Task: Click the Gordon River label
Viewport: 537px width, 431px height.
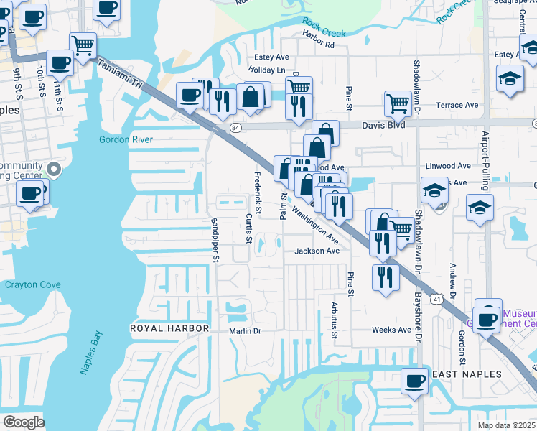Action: pos(126,139)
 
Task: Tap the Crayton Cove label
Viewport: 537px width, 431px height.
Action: pos(33,284)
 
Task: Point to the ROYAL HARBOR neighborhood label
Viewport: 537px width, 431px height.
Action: pos(169,328)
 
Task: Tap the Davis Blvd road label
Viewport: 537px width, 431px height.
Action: pos(382,125)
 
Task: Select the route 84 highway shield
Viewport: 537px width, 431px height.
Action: pos(235,127)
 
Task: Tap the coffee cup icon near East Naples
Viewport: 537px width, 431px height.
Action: pos(414,379)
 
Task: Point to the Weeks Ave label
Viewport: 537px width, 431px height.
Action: pos(391,330)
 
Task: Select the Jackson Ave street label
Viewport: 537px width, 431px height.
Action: pos(317,251)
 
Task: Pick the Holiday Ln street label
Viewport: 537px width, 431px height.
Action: pos(266,70)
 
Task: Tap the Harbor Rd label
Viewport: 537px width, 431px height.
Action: pos(319,45)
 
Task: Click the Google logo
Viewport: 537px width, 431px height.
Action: pos(24,422)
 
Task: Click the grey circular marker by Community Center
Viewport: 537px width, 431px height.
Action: pos(53,170)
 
